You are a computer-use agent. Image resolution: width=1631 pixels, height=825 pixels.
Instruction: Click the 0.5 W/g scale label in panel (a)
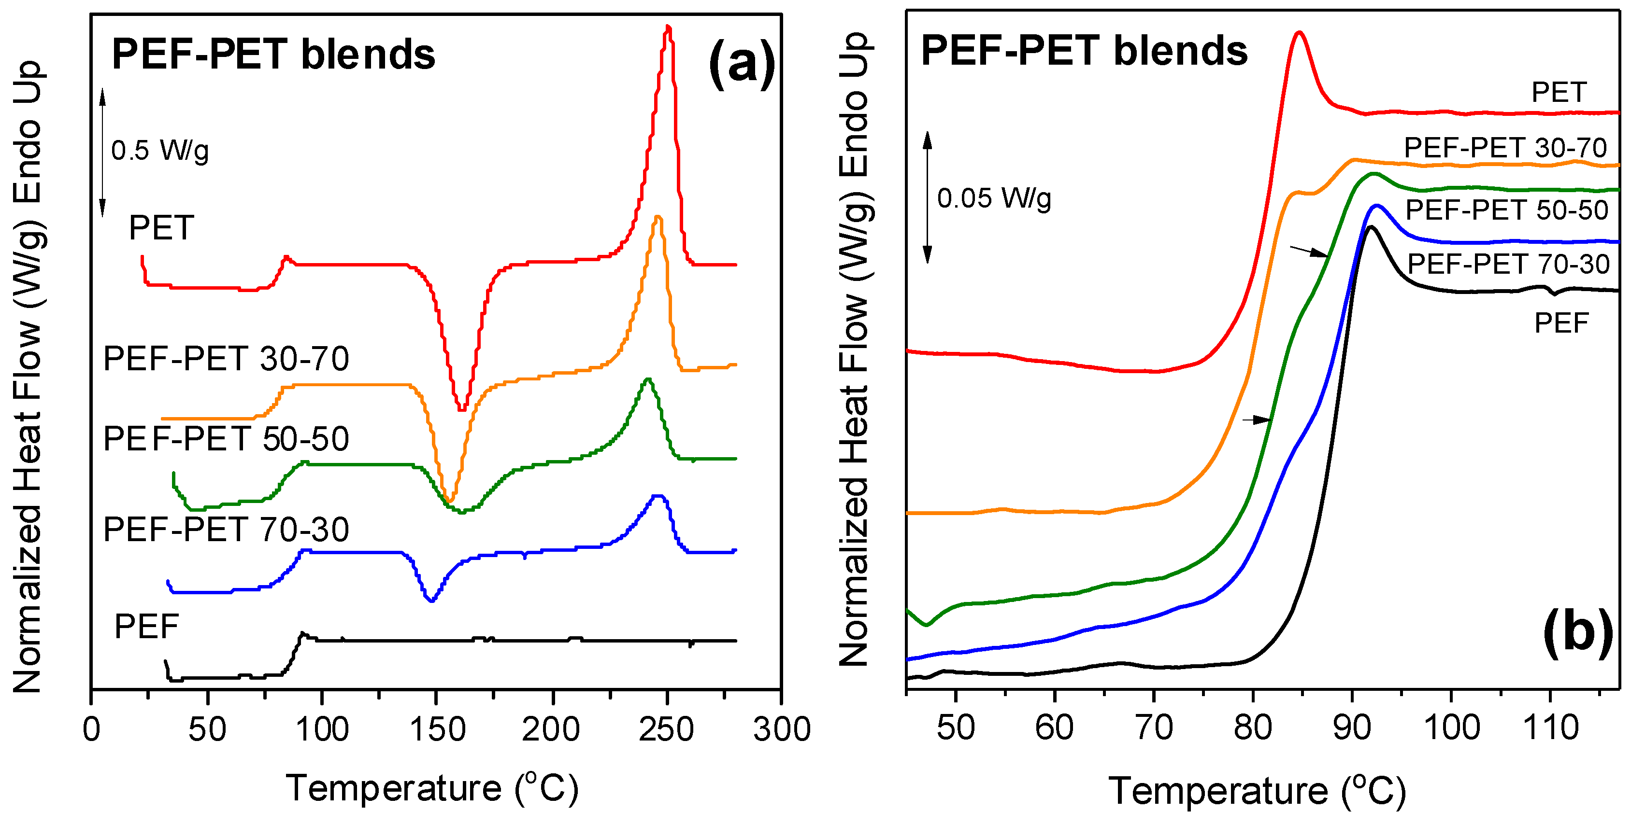[159, 151]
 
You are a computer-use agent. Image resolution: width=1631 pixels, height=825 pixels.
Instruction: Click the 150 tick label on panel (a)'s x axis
[437, 729]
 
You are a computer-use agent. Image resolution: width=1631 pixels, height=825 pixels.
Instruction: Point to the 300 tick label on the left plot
[781, 729]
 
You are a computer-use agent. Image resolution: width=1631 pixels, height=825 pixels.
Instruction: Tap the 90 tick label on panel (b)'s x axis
[1352, 727]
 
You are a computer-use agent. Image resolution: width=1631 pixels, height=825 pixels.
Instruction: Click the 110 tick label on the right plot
[1550, 727]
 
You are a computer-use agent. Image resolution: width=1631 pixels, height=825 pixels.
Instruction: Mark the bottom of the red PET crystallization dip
[462, 408]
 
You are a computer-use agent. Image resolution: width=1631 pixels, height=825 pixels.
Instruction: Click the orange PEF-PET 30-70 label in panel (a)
[226, 359]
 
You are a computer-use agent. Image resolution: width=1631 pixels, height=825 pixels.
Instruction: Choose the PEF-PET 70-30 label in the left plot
[226, 529]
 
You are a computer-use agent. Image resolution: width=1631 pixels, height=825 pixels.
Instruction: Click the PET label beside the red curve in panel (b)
[1559, 92]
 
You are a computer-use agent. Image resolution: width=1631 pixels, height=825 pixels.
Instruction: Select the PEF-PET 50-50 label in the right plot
[1507, 210]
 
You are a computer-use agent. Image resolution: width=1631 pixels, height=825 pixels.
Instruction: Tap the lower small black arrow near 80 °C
[1256, 419]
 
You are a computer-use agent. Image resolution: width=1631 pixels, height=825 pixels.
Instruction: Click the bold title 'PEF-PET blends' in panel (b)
[1084, 51]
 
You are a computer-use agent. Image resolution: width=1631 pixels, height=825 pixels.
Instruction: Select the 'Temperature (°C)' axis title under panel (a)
[432, 788]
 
